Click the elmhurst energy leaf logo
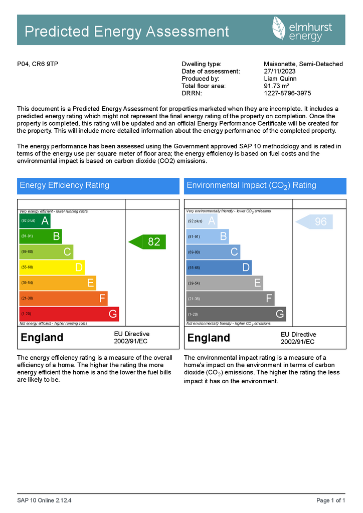(x=280, y=29)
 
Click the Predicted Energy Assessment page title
(x=127, y=32)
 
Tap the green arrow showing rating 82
(x=147, y=242)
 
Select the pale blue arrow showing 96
(x=314, y=221)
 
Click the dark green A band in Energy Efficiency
(x=35, y=221)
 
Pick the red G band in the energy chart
(x=69, y=314)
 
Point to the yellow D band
(x=52, y=268)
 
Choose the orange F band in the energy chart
(x=63, y=299)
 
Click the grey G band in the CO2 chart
(x=236, y=315)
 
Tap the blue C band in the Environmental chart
(x=213, y=252)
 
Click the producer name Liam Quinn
(x=280, y=79)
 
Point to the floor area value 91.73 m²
(x=276, y=86)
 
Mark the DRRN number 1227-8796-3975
(x=287, y=93)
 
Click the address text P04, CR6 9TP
(x=38, y=64)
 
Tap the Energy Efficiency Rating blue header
(x=98, y=185)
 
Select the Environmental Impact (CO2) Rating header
(x=265, y=185)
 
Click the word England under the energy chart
(x=42, y=338)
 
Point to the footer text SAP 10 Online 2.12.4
(x=44, y=500)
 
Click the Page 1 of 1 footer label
(x=331, y=500)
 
